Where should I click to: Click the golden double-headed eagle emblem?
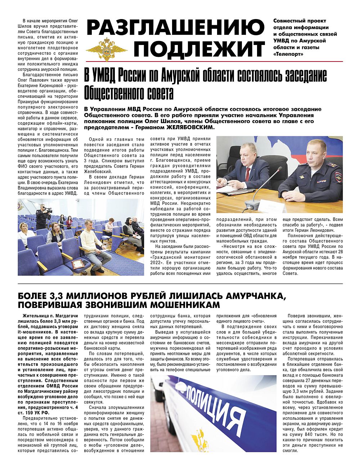[x=107, y=49]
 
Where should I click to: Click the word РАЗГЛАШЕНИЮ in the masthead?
[x=175, y=28]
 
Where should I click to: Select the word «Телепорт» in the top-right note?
[x=288, y=54]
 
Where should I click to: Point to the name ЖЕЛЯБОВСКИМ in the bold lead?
[x=191, y=127]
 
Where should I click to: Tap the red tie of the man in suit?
[x=248, y=173]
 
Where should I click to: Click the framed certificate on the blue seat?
[x=77, y=265]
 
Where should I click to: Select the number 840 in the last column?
[x=318, y=435]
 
